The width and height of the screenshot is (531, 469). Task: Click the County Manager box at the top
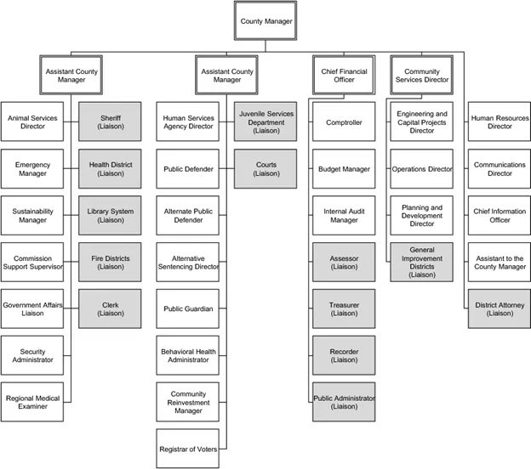[265, 21]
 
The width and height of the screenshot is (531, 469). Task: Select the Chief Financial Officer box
[344, 75]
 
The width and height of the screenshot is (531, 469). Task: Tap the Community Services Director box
[421, 75]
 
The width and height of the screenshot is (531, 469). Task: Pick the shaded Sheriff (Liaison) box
[110, 121]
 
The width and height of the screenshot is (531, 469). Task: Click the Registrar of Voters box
[188, 449]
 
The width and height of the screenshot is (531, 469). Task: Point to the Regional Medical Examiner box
[32, 402]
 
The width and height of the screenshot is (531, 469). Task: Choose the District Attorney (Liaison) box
[500, 308]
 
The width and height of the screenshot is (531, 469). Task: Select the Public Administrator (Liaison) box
[344, 402]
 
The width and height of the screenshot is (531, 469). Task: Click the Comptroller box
[344, 121]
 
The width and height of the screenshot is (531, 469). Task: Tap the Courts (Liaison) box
[265, 169]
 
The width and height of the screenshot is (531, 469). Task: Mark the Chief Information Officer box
[500, 216]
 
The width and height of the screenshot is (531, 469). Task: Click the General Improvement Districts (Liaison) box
[421, 262]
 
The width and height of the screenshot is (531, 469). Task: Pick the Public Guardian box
[188, 308]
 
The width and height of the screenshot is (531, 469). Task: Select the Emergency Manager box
[32, 169]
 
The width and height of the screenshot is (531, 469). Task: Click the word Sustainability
[32, 212]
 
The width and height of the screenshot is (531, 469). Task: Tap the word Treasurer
[344, 305]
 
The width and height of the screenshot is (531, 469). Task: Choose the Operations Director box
[421, 169]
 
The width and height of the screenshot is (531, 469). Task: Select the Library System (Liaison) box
[110, 216]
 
